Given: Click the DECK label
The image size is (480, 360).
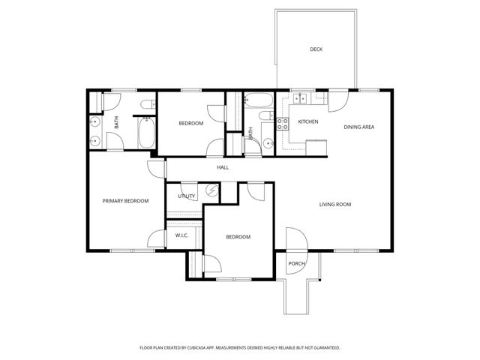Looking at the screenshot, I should (x=316, y=49).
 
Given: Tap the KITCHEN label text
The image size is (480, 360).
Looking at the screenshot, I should (x=307, y=121).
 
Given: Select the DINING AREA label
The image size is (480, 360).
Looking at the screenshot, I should (x=358, y=127).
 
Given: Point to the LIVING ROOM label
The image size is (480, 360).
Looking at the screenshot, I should (x=335, y=204).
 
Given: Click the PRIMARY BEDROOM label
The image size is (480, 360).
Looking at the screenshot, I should (x=125, y=200).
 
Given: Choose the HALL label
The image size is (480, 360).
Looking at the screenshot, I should (x=223, y=167).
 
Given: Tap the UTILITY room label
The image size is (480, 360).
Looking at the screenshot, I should (x=186, y=196).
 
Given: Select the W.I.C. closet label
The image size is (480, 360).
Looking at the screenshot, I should (x=181, y=235).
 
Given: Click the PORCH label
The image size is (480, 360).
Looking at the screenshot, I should (x=296, y=263).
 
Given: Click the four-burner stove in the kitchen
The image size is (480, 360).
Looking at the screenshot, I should (x=283, y=125).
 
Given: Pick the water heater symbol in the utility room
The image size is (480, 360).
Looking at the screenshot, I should (x=212, y=191).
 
